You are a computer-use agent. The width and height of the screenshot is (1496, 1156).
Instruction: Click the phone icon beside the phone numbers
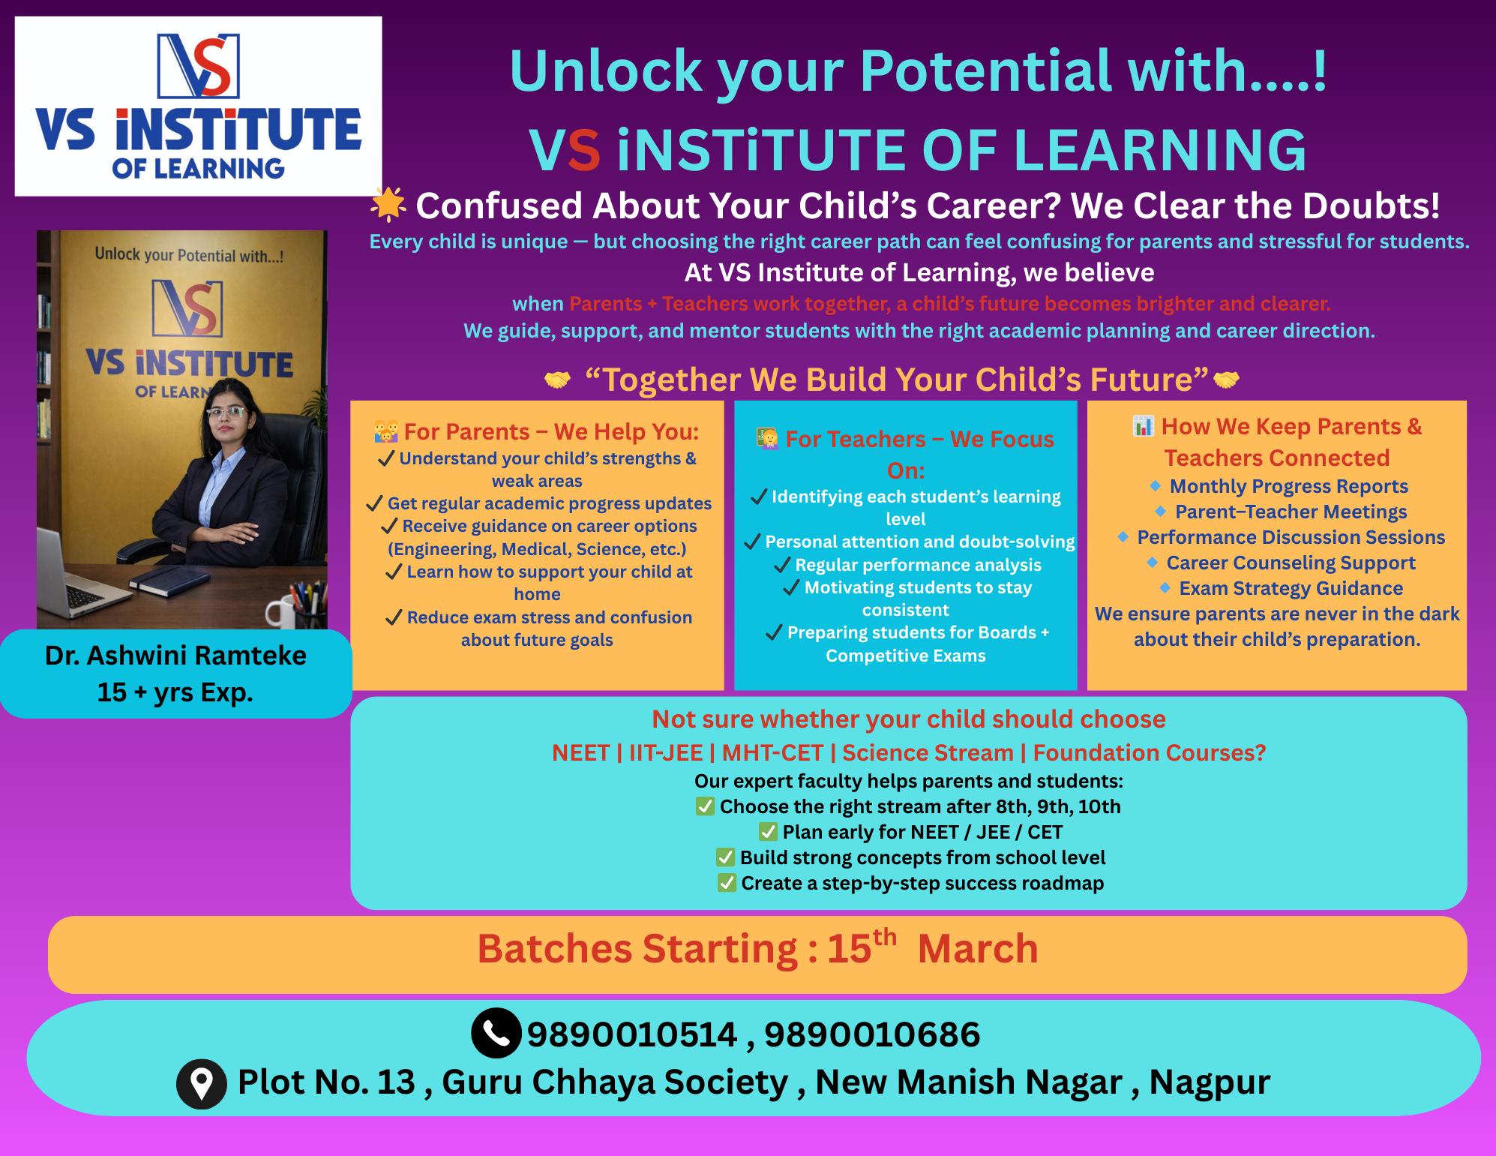(496, 1033)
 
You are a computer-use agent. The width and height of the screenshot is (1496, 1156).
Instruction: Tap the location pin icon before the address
(201, 1084)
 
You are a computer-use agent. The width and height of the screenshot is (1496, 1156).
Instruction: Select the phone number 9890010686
(872, 1034)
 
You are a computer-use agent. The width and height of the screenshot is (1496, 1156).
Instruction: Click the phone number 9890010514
(632, 1034)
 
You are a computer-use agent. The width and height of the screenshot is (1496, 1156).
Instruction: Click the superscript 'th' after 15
(885, 937)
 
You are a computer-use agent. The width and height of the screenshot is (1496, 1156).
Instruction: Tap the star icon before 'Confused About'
(388, 204)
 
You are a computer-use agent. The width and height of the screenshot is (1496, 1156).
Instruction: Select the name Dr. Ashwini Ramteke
(175, 656)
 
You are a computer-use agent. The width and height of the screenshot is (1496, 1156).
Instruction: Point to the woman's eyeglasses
(226, 411)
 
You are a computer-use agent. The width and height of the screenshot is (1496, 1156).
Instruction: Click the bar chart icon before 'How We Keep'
(1143, 426)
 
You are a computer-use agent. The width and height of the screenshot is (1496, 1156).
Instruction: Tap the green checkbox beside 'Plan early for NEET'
(768, 831)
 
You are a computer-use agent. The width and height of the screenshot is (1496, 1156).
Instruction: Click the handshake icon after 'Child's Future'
(1225, 380)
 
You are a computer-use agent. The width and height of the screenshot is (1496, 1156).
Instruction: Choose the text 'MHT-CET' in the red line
(772, 752)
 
